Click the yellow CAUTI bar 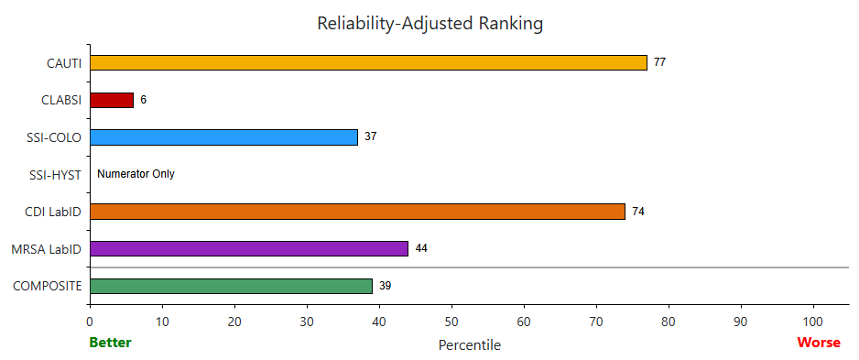pyautogui.click(x=368, y=62)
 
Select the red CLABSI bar pyautogui.click(x=112, y=100)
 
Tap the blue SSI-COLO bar pyautogui.click(x=223, y=136)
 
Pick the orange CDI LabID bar pyautogui.click(x=357, y=212)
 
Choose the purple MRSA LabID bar pyautogui.click(x=248, y=248)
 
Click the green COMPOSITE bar pyautogui.click(x=231, y=286)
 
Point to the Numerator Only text pyautogui.click(x=136, y=174)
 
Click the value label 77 pyautogui.click(x=659, y=62)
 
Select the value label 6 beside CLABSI pyautogui.click(x=144, y=100)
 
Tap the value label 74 pyautogui.click(x=638, y=212)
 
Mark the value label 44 pyautogui.click(x=421, y=248)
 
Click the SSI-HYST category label pyautogui.click(x=54, y=174)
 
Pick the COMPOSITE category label pyautogui.click(x=47, y=286)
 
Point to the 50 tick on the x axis pyautogui.click(x=451, y=322)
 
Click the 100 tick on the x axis pyautogui.click(x=813, y=322)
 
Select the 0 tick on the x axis pyautogui.click(x=90, y=322)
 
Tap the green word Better pyautogui.click(x=110, y=343)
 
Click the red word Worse pyautogui.click(x=819, y=343)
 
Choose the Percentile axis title pyautogui.click(x=470, y=344)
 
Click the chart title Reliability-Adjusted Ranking pyautogui.click(x=429, y=23)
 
